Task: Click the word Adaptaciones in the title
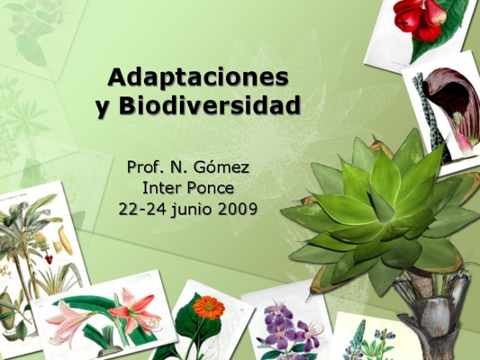(198, 78)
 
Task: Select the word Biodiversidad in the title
(210, 105)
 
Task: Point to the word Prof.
(143, 167)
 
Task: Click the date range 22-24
(142, 209)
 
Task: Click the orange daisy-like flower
(209, 307)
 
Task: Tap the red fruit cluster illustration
(419, 19)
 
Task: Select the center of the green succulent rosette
(386, 222)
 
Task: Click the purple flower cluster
(289, 328)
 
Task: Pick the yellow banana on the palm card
(65, 239)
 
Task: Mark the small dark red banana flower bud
(49, 259)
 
